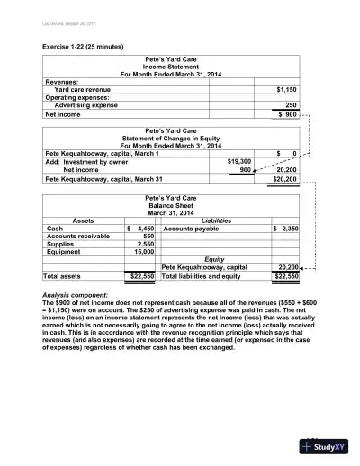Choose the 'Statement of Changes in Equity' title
click(171, 138)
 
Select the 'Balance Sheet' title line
click(171, 204)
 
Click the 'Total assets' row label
click(66, 276)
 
